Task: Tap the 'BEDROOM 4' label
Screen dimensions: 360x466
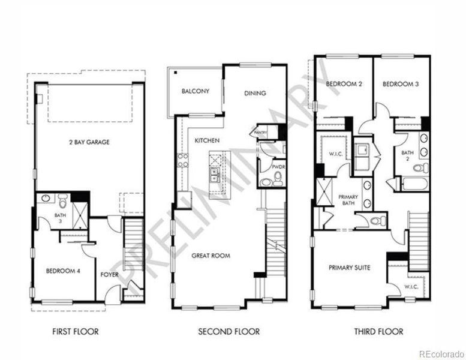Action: [x=63, y=271]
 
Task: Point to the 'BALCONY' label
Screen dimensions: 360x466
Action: [x=195, y=91]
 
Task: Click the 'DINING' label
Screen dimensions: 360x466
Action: [x=255, y=93]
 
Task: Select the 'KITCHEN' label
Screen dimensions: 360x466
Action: [x=207, y=140]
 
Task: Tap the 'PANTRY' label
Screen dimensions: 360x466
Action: [x=260, y=133]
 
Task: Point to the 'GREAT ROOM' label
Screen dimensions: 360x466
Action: [x=211, y=256]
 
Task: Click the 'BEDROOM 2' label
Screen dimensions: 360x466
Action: [x=344, y=85]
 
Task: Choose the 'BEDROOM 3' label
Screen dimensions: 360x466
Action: [x=400, y=85]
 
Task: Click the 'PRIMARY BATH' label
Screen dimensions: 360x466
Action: [x=348, y=200]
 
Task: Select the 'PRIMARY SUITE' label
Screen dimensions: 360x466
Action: [x=348, y=268]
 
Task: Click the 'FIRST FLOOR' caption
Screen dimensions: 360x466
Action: [x=75, y=331]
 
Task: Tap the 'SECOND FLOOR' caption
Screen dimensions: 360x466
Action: [x=229, y=331]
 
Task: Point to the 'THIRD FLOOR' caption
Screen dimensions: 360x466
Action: [x=378, y=331]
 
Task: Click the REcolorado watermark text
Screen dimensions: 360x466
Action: [x=441, y=353]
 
